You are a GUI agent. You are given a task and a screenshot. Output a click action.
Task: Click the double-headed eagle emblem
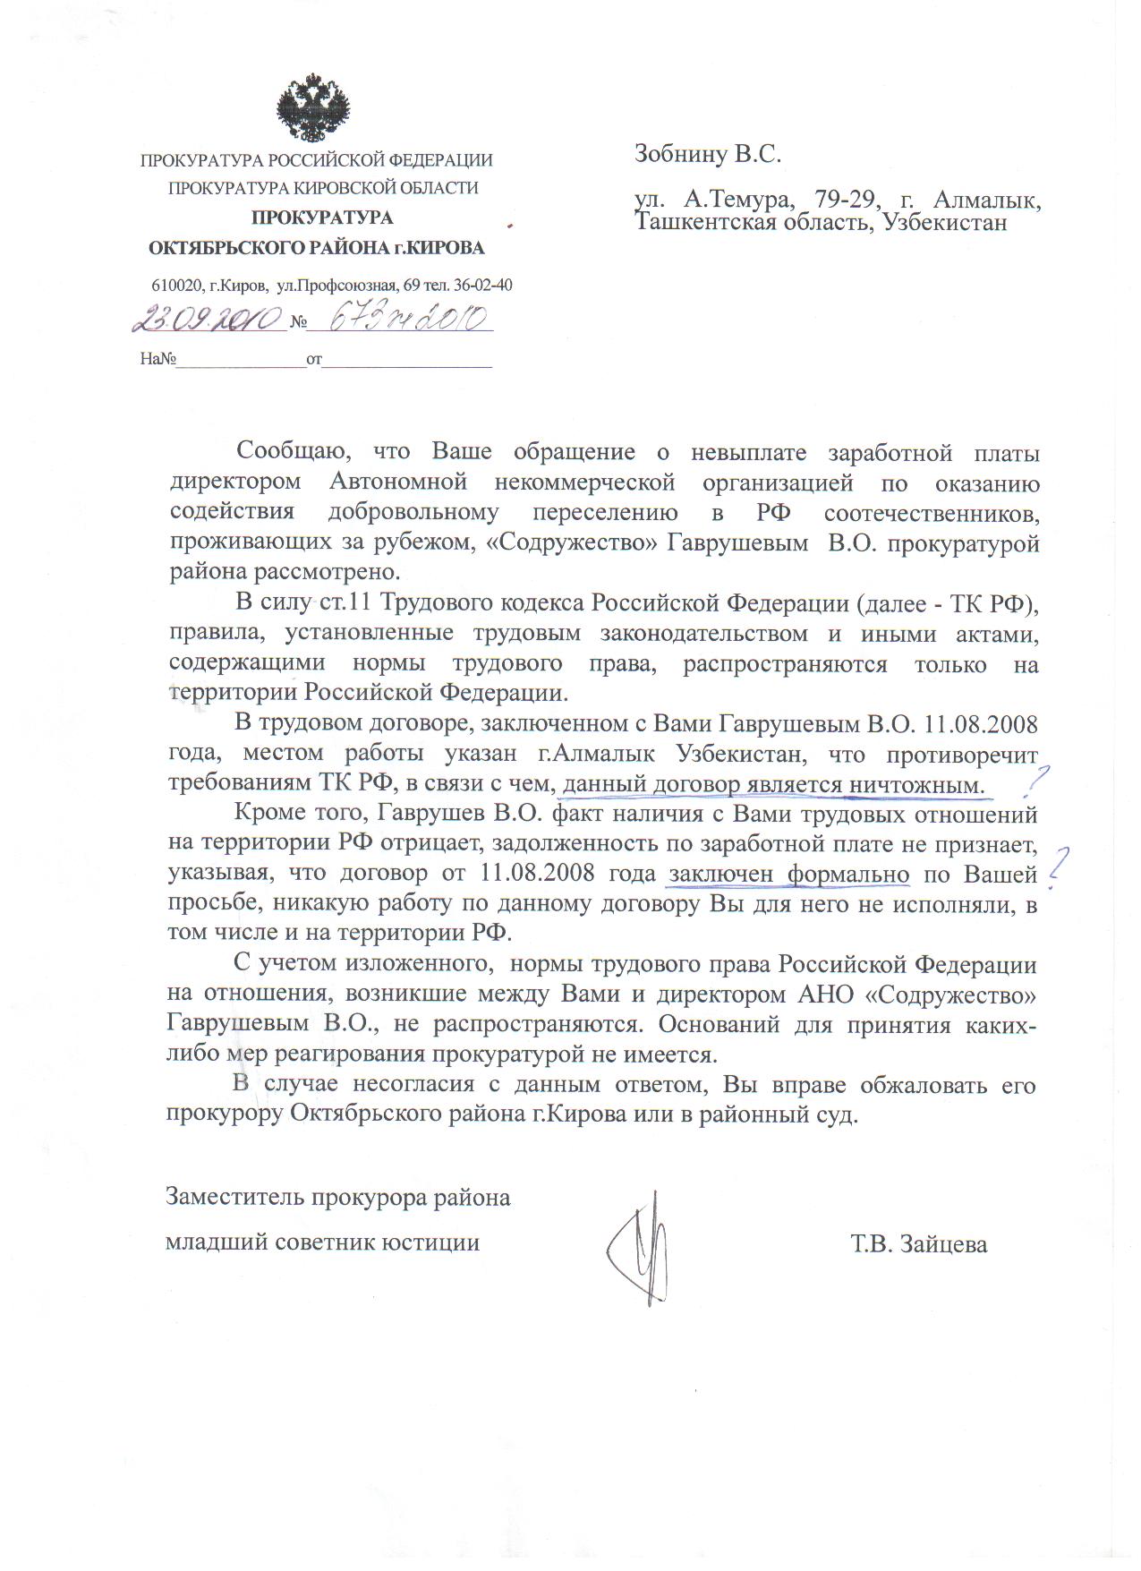pyautogui.click(x=313, y=108)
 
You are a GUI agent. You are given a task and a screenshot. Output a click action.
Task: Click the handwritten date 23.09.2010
pyautogui.click(x=209, y=320)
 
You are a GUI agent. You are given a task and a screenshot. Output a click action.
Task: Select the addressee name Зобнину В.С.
pyautogui.click(x=708, y=154)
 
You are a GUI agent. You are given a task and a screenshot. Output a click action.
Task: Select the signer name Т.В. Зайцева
pyautogui.click(x=919, y=1244)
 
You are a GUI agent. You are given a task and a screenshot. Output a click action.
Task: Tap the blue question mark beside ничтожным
pyautogui.click(x=1037, y=781)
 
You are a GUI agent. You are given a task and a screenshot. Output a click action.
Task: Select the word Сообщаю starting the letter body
pyautogui.click(x=285, y=452)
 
